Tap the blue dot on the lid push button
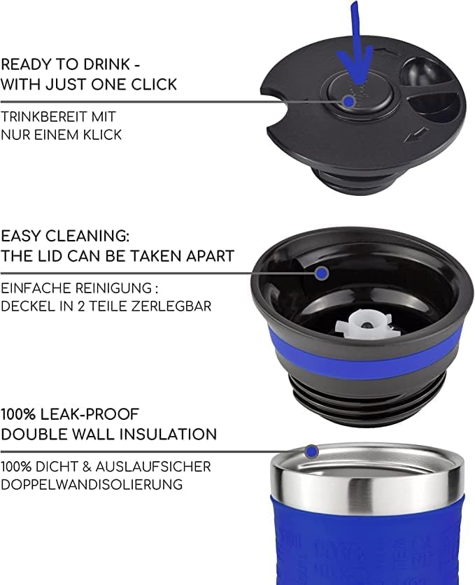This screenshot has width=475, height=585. click(x=348, y=101)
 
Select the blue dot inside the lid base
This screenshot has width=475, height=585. click(x=322, y=273)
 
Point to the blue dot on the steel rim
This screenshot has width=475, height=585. click(x=312, y=452)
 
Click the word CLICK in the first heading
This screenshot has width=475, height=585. click(x=154, y=84)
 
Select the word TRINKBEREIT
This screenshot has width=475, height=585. click(x=39, y=116)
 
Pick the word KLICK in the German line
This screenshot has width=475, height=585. click(x=103, y=134)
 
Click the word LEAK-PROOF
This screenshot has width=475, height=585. click(x=90, y=414)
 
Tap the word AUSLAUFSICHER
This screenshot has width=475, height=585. click(x=153, y=466)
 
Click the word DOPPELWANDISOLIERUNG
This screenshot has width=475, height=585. click(x=92, y=484)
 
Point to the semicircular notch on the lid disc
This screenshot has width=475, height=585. click(x=275, y=112)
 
